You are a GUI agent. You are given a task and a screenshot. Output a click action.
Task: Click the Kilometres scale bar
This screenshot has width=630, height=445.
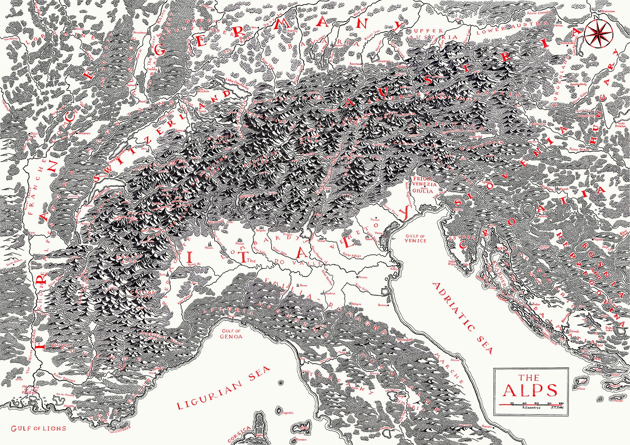tap(531, 404)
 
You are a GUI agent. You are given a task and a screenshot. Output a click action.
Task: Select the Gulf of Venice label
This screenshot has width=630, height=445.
tap(415, 238)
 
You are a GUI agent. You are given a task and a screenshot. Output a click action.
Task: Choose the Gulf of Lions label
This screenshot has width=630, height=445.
tap(38, 428)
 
